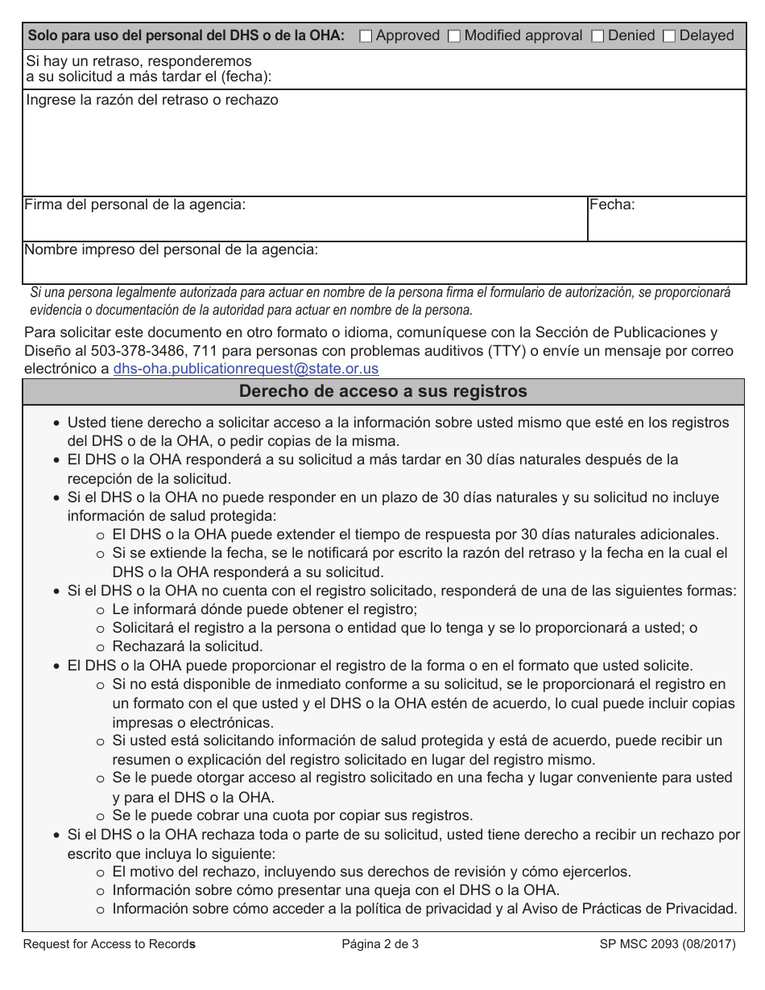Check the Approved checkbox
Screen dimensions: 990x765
coord(366,36)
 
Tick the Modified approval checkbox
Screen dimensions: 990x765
coord(454,36)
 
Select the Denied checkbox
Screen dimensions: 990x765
coord(598,36)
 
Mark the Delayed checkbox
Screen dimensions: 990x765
coord(669,36)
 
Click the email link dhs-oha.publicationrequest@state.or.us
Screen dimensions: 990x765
coord(246,369)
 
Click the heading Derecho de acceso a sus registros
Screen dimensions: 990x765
coord(383,392)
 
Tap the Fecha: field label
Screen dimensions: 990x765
coord(612,204)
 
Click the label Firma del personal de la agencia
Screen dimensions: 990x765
coord(135,204)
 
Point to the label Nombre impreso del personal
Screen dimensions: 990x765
coord(172,250)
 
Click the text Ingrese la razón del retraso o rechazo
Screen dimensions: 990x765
coord(152,100)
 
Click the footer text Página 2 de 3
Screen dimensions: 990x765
coord(380,945)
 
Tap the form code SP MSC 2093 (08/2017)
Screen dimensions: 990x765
coord(668,945)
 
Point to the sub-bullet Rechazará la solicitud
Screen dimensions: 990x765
coord(187,646)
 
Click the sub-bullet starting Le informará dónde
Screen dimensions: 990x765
coord(264,609)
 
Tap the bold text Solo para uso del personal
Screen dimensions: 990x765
coord(186,35)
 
